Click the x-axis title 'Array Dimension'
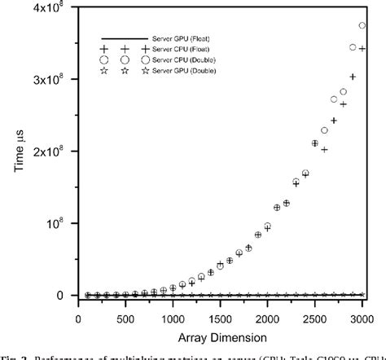pos(220,335)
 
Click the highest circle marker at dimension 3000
pos(362,26)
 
